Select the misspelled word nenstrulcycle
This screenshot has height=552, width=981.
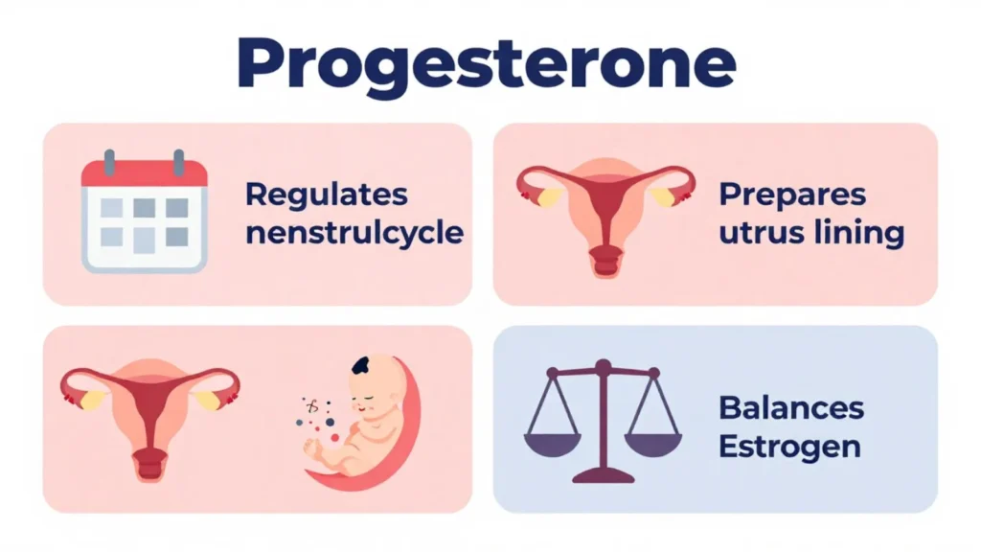pyautogui.click(x=354, y=233)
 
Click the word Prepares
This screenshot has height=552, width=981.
pyautogui.click(x=791, y=195)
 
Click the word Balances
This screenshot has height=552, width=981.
pyautogui.click(x=791, y=407)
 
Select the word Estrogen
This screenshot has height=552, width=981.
pyautogui.click(x=789, y=447)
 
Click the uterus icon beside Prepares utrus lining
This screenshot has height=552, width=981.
pyautogui.click(x=605, y=213)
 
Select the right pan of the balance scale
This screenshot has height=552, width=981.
pyautogui.click(x=652, y=442)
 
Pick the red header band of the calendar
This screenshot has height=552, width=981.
pyautogui.click(x=144, y=173)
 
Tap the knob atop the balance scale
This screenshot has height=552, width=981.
pyautogui.click(x=603, y=365)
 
